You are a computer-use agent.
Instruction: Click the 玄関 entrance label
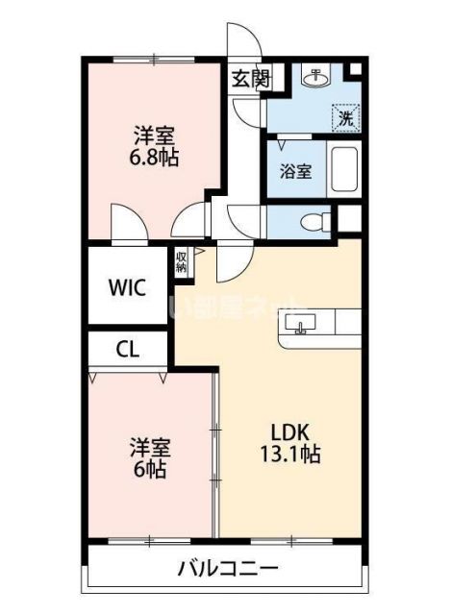(x=249, y=80)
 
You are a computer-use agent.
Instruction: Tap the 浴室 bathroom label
(x=295, y=173)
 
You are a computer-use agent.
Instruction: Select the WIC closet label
(x=127, y=287)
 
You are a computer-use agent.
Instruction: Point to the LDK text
(x=287, y=431)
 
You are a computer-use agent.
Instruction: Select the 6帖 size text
(x=149, y=470)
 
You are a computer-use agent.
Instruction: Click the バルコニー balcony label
(x=227, y=569)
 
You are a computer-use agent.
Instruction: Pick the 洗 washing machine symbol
(x=344, y=118)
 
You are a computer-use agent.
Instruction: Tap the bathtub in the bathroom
(x=342, y=172)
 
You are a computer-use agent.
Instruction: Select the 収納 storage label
(x=182, y=262)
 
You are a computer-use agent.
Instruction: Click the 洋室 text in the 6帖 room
(x=149, y=448)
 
